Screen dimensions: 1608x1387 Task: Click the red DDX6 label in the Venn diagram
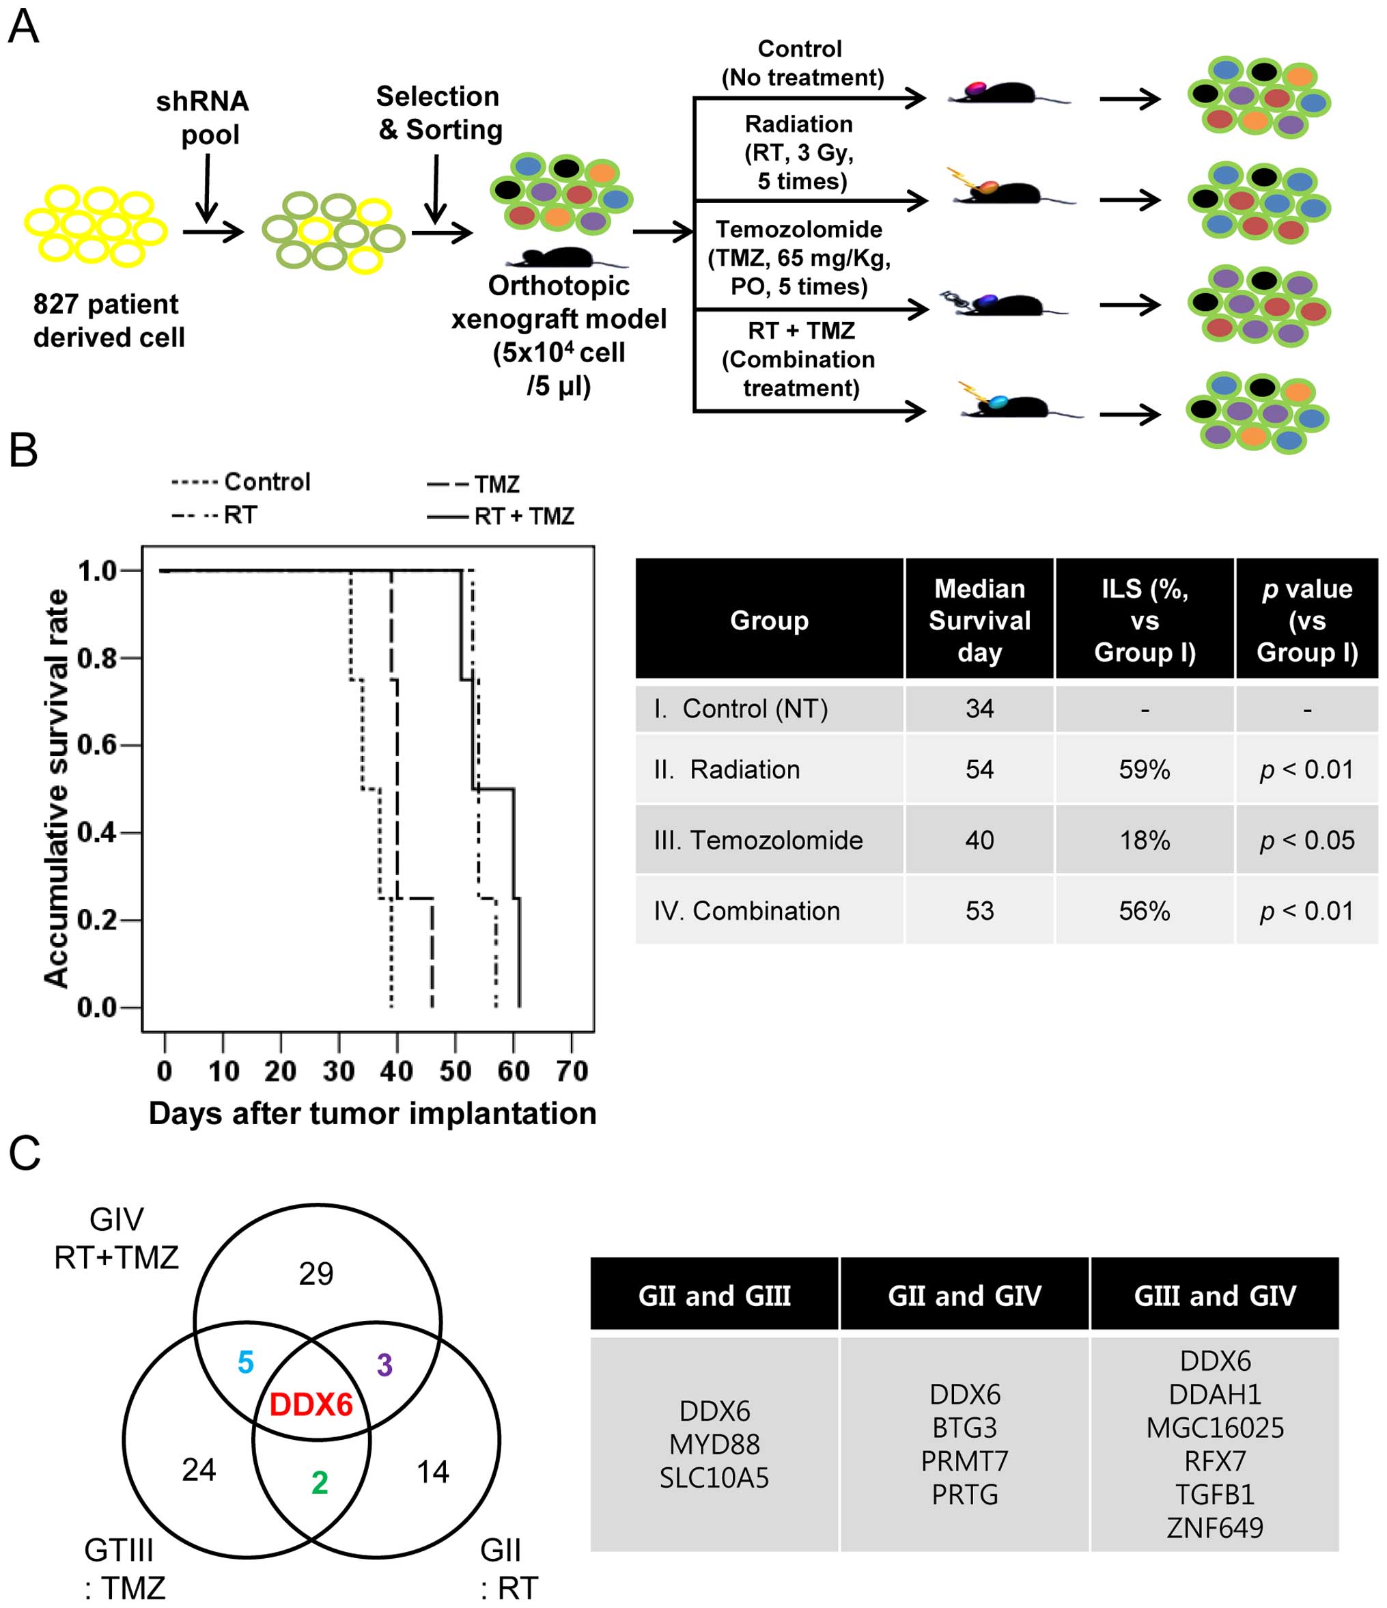tap(311, 1404)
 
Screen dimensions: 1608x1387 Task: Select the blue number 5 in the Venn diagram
tap(245, 1362)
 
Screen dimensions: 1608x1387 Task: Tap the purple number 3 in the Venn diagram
tap(384, 1364)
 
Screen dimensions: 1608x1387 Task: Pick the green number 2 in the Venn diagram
tap(320, 1482)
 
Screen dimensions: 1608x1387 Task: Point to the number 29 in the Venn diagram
tap(316, 1274)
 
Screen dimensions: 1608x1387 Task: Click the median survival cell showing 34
tap(979, 709)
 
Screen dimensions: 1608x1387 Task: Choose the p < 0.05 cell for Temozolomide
tap(1307, 840)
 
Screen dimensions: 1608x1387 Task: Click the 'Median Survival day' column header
tap(979, 620)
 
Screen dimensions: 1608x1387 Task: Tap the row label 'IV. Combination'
tap(746, 910)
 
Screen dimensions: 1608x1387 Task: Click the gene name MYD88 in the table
tap(714, 1444)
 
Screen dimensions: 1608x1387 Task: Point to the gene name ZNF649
tap(1214, 1527)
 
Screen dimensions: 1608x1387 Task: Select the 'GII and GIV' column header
tap(964, 1295)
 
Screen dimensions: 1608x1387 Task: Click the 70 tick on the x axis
tap(572, 1071)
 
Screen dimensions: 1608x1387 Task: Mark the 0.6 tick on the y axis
tap(97, 745)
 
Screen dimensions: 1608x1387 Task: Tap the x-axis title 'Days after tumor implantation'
tap(372, 1114)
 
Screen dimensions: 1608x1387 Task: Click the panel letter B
tap(23, 450)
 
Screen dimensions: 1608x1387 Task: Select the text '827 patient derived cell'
tap(109, 321)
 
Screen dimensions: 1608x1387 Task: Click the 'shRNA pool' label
tap(204, 118)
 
